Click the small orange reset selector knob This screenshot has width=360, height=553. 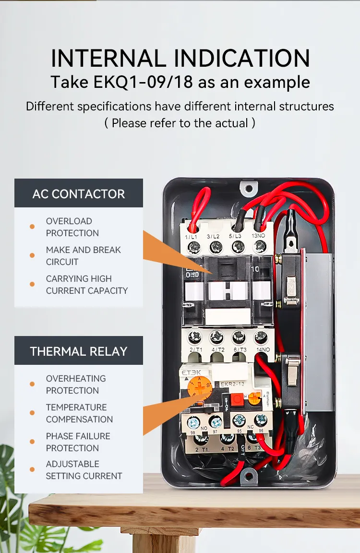point(255,397)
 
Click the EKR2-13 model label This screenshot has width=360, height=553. point(232,384)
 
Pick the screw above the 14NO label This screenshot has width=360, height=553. point(261,337)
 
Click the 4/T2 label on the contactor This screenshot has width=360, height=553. point(217,349)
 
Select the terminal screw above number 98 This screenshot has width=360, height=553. point(193,422)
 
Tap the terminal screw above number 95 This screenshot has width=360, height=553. point(239,421)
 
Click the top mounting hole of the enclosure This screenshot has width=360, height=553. point(248,186)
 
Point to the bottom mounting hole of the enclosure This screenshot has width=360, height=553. point(247,475)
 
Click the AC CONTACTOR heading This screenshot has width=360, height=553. point(79,194)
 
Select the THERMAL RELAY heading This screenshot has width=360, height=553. point(79,351)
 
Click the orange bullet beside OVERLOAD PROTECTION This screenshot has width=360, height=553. point(32,227)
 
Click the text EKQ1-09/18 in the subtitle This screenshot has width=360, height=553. point(144,82)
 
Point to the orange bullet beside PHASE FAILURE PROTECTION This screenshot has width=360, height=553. point(32,442)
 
